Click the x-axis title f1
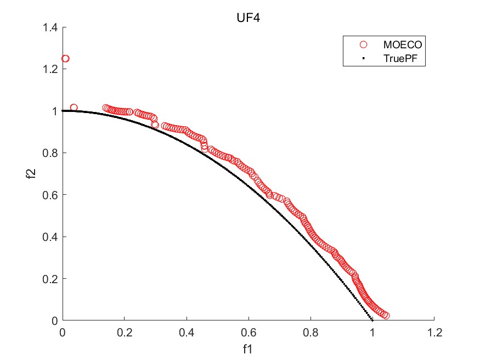[248, 348]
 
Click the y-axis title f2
[33, 174]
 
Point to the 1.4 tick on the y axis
[53, 27]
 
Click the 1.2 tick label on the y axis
[53, 69]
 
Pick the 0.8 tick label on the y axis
[53, 153]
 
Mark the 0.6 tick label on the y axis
[53, 195]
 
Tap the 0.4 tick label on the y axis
[53, 237]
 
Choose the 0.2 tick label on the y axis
[53, 279]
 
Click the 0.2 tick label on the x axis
[125, 333]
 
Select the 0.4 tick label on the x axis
[187, 333]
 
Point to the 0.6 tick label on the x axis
[249, 333]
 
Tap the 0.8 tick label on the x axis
[310, 333]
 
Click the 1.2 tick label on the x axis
[434, 333]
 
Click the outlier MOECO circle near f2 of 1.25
[65, 59]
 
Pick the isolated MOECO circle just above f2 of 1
[74, 108]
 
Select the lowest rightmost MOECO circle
[386, 316]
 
